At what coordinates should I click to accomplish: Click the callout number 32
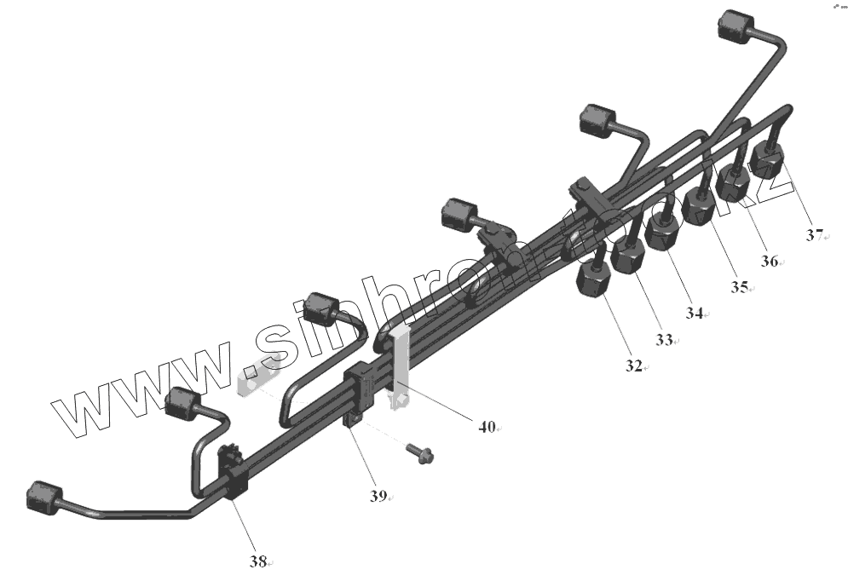[632, 365]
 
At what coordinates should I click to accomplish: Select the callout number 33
[664, 339]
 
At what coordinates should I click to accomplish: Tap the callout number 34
[694, 314]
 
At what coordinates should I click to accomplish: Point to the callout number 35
[737, 287]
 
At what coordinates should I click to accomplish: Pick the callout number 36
[769, 262]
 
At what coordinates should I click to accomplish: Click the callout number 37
[815, 235]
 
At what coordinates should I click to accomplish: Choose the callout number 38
[258, 561]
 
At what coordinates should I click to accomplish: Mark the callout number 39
[378, 495]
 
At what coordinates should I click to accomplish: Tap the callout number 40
[487, 428]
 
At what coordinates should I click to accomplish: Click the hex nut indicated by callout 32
[594, 280]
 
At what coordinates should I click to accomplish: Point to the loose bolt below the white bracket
[420, 453]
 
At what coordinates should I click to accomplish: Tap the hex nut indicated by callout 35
[700, 204]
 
